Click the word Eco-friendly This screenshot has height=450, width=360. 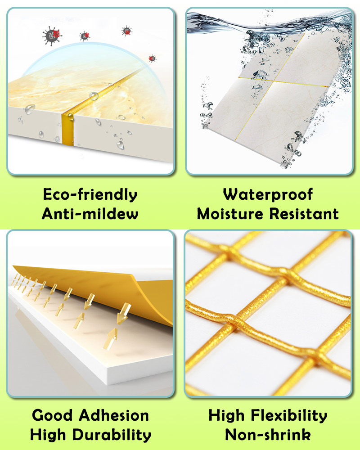click(x=90, y=195)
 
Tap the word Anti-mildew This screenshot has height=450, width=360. click(x=90, y=214)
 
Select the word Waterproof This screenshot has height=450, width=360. click(x=268, y=195)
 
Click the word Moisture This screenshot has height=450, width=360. click(x=230, y=214)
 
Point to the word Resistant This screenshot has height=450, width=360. click(x=304, y=214)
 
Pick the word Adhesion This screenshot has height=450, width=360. click(x=114, y=415)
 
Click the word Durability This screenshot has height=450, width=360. click(x=112, y=435)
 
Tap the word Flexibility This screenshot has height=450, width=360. click(x=289, y=416)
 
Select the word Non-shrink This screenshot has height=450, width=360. click(x=268, y=435)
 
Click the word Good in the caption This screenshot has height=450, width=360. click(x=52, y=415)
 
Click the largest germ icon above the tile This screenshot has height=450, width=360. click(x=52, y=36)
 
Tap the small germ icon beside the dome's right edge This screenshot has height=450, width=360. click(x=152, y=58)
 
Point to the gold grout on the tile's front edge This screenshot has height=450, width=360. click(x=68, y=130)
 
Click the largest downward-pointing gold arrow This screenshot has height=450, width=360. click(x=124, y=313)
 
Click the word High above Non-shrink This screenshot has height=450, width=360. click(x=226, y=416)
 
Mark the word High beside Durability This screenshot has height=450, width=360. click(x=48, y=435)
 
